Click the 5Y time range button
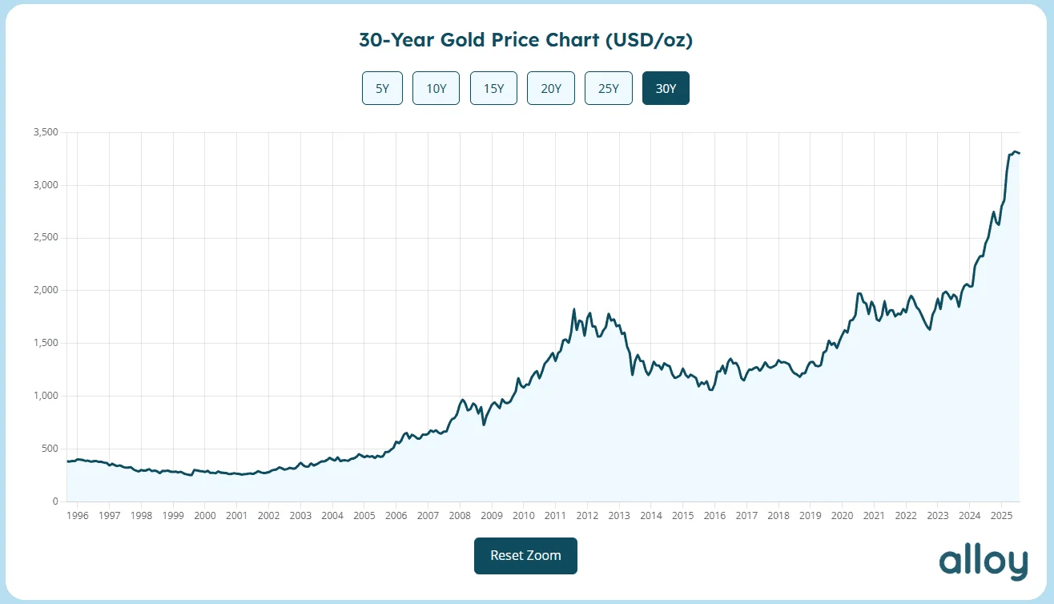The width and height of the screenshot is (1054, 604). click(x=382, y=88)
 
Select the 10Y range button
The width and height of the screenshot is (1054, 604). click(x=436, y=88)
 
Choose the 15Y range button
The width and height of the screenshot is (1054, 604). click(x=493, y=88)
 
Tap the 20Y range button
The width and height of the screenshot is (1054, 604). click(x=551, y=88)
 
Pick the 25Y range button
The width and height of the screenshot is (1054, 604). click(x=609, y=88)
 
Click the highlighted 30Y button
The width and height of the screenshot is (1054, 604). click(x=666, y=88)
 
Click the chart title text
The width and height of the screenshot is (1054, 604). click(x=525, y=40)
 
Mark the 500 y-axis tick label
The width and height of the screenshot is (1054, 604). click(x=50, y=449)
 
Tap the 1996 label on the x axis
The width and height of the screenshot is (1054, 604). click(x=78, y=516)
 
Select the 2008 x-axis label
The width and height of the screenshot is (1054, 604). click(x=460, y=516)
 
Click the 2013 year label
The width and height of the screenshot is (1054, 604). click(x=619, y=516)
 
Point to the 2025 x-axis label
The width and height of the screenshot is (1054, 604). click(x=1001, y=516)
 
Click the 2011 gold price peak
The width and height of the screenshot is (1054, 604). click(x=574, y=309)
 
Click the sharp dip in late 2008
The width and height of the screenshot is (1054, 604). click(x=484, y=424)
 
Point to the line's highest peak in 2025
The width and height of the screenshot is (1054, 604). click(x=1015, y=151)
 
